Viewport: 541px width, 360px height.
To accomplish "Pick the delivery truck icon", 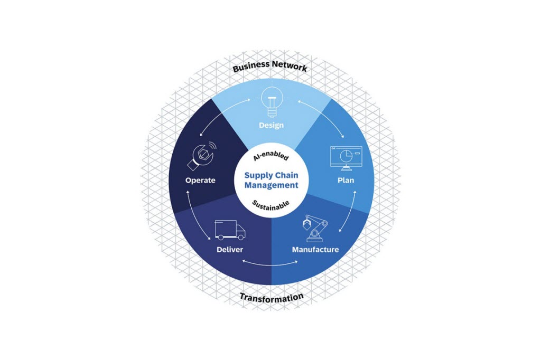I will point(230,230).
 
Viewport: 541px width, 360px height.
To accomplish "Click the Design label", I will point(271,125).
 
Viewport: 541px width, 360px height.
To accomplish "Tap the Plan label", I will point(346,180).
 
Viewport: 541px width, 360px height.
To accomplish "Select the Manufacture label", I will point(315,249).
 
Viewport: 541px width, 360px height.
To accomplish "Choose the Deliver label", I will point(230,249).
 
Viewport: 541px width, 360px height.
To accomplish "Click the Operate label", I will point(200,180).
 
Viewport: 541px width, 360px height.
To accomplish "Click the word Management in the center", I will point(271,185).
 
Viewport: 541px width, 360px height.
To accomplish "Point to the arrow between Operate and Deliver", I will point(193,214).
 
